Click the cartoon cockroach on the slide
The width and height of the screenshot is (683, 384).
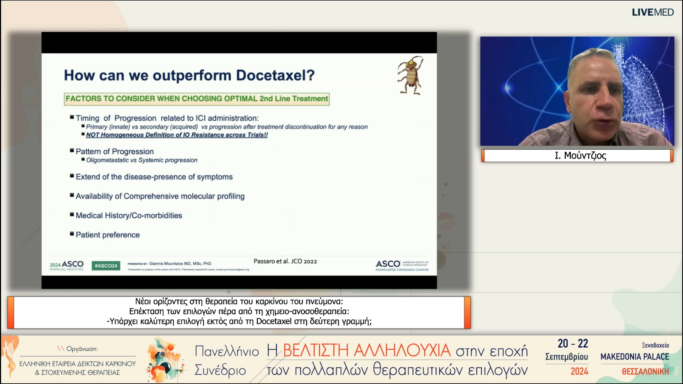pyautogui.click(x=410, y=75)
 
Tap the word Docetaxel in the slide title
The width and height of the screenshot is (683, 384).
pyautogui.click(x=275, y=75)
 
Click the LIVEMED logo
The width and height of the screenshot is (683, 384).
pyautogui.click(x=653, y=12)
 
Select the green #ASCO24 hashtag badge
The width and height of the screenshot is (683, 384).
pyautogui.click(x=106, y=266)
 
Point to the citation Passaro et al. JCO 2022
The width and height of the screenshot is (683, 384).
pyautogui.click(x=285, y=261)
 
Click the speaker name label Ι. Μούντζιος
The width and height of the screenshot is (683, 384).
pyautogui.click(x=580, y=155)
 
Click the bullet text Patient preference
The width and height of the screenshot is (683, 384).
pyautogui.click(x=108, y=235)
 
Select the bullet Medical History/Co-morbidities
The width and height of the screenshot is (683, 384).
pyautogui.click(x=129, y=215)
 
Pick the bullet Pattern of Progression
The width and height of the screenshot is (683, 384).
pyautogui.click(x=115, y=151)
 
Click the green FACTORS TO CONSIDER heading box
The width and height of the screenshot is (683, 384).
pyautogui.click(x=197, y=99)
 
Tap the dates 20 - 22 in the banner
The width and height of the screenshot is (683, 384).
pyautogui.click(x=573, y=344)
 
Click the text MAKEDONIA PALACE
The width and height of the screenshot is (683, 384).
pyautogui.click(x=635, y=357)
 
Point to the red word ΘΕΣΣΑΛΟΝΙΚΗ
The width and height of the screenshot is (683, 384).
pyautogui.click(x=645, y=371)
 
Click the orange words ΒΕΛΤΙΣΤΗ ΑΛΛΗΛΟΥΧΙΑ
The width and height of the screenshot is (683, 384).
pyautogui.click(x=367, y=350)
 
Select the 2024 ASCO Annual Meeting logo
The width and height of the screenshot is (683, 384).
pyautogui.click(x=66, y=266)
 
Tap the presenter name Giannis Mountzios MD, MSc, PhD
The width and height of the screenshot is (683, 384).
pyautogui.click(x=180, y=263)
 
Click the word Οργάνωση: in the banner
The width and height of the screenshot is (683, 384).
pyautogui.click(x=82, y=349)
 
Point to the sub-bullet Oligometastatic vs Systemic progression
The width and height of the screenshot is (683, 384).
pyautogui.click(x=142, y=160)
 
